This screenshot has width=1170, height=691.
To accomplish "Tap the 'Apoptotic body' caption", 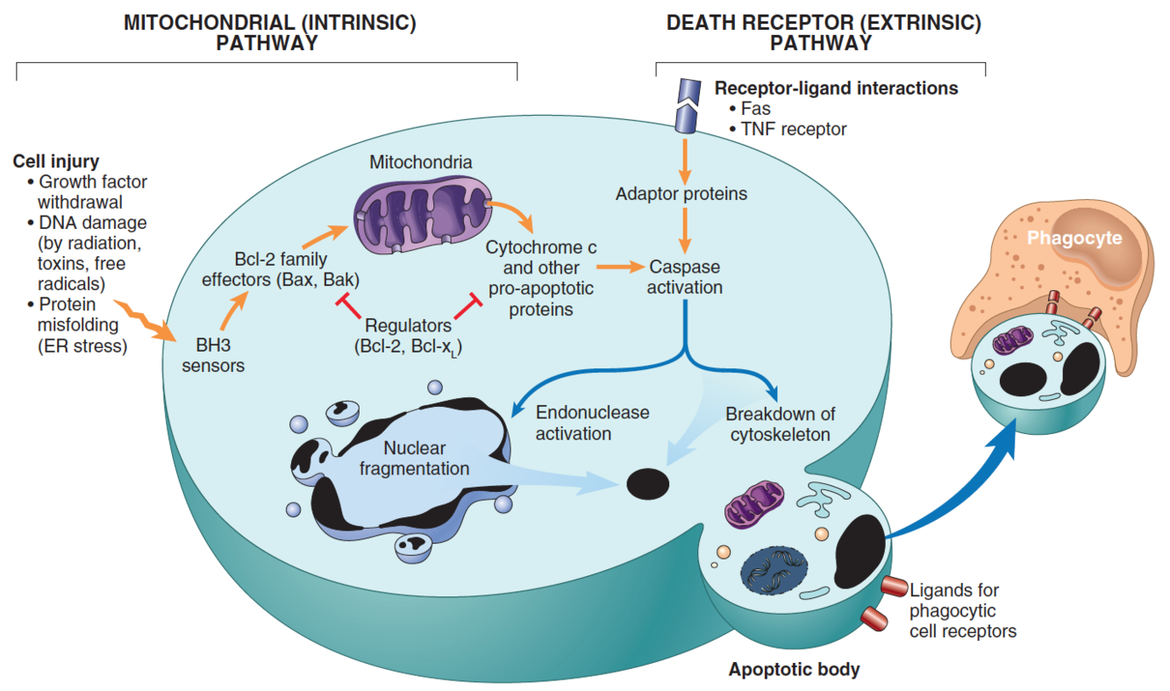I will pos(794,670).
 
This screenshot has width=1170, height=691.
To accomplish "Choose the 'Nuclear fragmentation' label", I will pos(414,459).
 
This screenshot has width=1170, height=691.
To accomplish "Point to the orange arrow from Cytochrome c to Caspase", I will pos(618,265).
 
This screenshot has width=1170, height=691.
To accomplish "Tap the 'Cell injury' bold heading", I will pos(55,161).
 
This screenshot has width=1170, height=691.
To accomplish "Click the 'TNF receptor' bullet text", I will pos(794,129).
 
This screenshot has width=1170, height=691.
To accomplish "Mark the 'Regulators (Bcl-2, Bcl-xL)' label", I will pos(409,336).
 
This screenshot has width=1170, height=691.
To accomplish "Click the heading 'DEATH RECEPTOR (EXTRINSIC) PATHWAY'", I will pos(823,32).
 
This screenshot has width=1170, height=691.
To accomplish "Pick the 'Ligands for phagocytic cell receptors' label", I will pos(962,610).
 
